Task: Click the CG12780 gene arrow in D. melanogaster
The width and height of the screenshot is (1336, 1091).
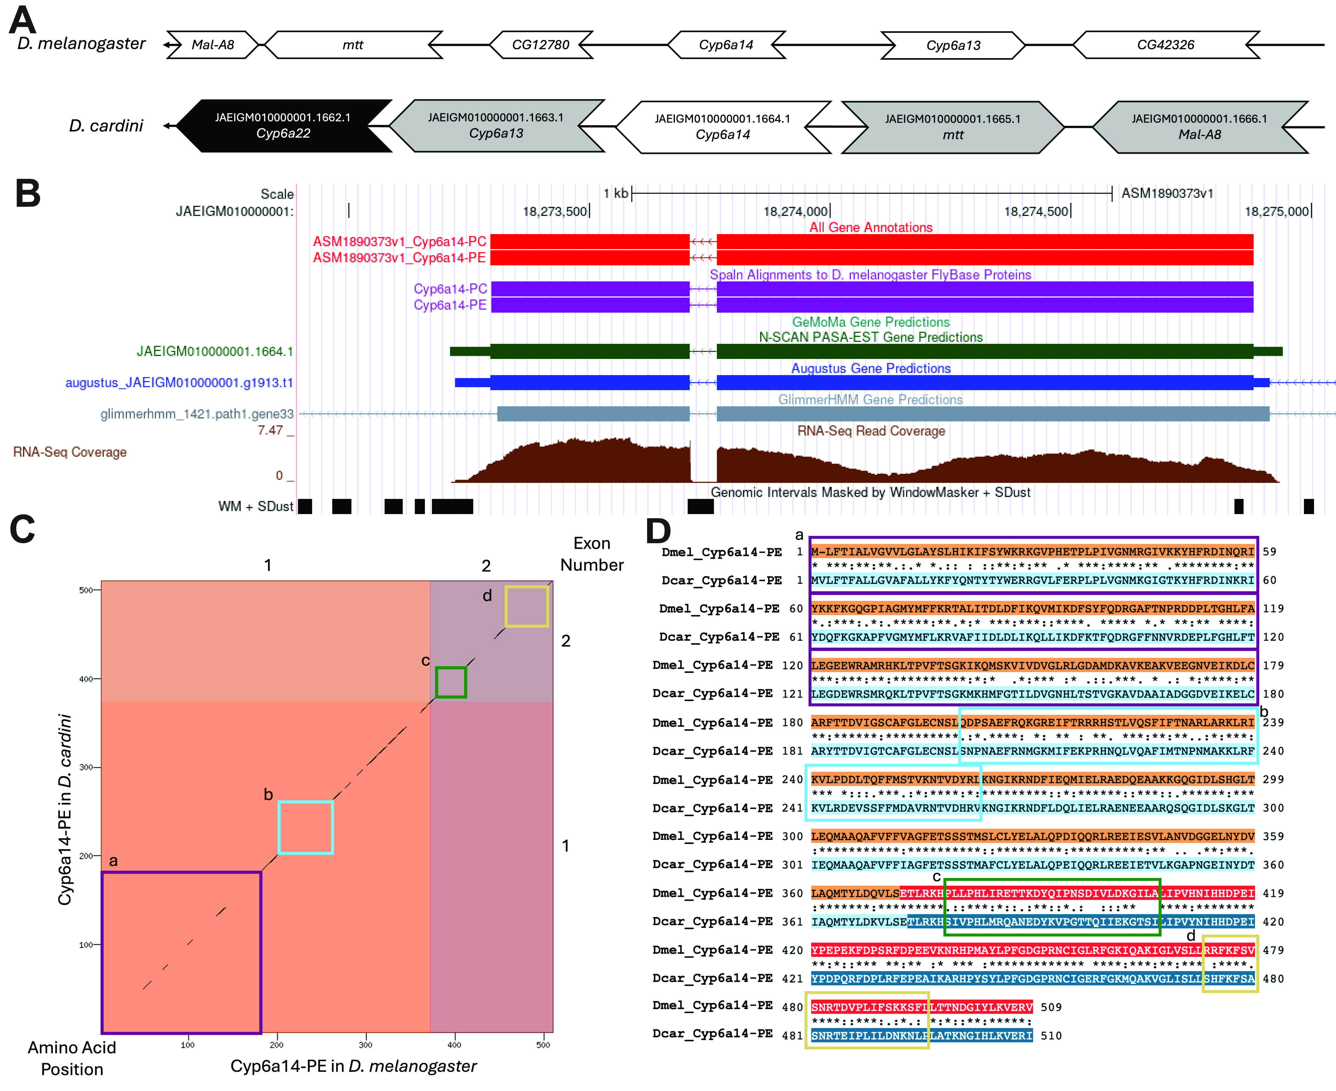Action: coord(541,45)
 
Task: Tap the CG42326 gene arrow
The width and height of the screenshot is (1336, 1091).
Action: coord(1166,45)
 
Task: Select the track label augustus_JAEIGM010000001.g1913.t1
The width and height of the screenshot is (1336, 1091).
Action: coord(179,383)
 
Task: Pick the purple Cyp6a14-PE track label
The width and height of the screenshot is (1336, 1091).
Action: coord(450,305)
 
